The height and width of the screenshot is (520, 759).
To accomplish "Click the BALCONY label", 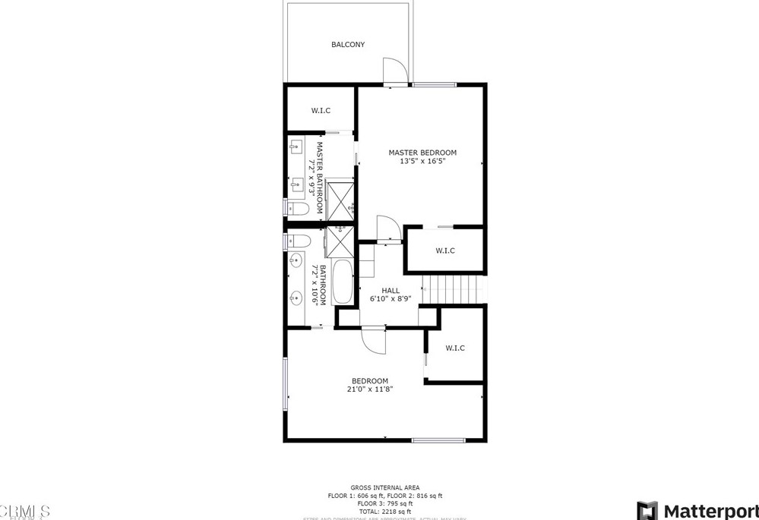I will (348, 45).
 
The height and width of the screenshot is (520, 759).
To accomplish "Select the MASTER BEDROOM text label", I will (422, 152).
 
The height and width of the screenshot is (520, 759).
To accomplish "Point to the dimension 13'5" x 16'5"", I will (422, 161).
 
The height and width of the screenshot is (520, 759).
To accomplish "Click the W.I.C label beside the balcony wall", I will (321, 111).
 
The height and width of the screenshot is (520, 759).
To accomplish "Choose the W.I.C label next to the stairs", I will (445, 251).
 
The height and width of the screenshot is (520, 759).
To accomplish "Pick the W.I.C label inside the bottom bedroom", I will (455, 348).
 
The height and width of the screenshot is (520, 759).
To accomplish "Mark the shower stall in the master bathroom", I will (340, 197).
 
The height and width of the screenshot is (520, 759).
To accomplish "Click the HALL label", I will (391, 290).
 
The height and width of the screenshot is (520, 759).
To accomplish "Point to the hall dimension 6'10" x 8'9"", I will (391, 299).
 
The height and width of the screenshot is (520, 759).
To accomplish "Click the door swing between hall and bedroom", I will (374, 339).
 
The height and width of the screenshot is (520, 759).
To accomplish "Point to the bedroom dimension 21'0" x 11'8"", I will (370, 389).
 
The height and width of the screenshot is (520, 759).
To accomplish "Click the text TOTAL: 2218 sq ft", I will (384, 512).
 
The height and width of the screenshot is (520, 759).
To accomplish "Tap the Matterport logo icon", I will (647, 510).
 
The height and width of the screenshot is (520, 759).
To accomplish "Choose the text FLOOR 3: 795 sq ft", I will (384, 503).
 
